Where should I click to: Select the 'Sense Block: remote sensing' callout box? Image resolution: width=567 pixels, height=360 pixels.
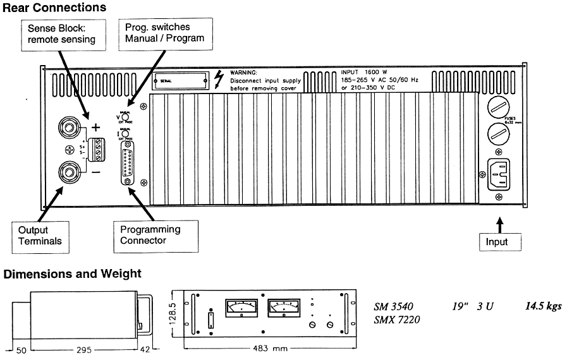click(x=61, y=34)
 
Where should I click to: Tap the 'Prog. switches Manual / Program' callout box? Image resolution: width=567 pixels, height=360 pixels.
click(x=165, y=33)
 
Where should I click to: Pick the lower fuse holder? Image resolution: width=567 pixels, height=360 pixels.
click(x=499, y=135)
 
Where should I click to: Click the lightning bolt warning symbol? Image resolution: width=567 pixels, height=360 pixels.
click(x=219, y=79)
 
